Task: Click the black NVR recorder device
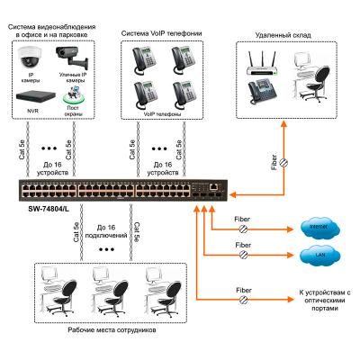(x=32, y=94)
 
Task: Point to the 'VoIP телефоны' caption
(x=162, y=115)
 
